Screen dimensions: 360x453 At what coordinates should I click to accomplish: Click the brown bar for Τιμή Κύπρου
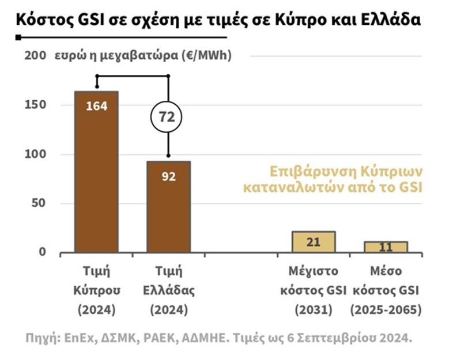pyautogui.click(x=96, y=173)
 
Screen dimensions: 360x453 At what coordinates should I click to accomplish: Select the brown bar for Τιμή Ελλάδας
pyautogui.click(x=168, y=207)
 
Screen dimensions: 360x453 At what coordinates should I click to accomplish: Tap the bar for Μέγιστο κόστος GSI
pyautogui.click(x=313, y=242)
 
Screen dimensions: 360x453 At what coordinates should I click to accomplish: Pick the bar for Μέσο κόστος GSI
pyautogui.click(x=386, y=247)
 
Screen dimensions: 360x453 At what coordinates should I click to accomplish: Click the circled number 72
pyautogui.click(x=167, y=117)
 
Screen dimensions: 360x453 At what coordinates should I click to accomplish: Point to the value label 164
pyautogui.click(x=96, y=107)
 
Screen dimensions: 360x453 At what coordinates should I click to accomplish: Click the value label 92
pyautogui.click(x=168, y=176)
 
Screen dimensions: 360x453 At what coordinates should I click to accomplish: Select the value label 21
pyautogui.click(x=313, y=242)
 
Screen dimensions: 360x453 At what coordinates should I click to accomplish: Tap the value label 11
pyautogui.click(x=386, y=248)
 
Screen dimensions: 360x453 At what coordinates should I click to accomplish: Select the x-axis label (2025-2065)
pyautogui.click(x=386, y=309)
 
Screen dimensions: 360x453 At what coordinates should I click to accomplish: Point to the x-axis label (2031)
pyautogui.click(x=313, y=309)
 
